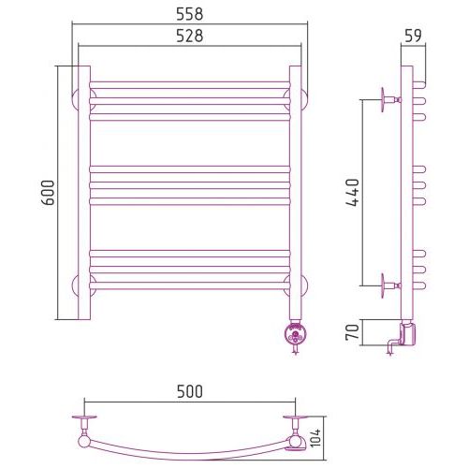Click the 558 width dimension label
tap(190, 14)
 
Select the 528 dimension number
tap(190, 36)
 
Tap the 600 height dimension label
tap(49, 193)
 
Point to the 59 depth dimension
tap(413, 36)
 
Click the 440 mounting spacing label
tap(353, 193)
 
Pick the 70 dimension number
tap(353, 332)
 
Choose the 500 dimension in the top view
tap(190, 391)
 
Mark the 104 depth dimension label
tap(315, 438)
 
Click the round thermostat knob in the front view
tap(295, 334)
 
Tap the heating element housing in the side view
tap(407, 334)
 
